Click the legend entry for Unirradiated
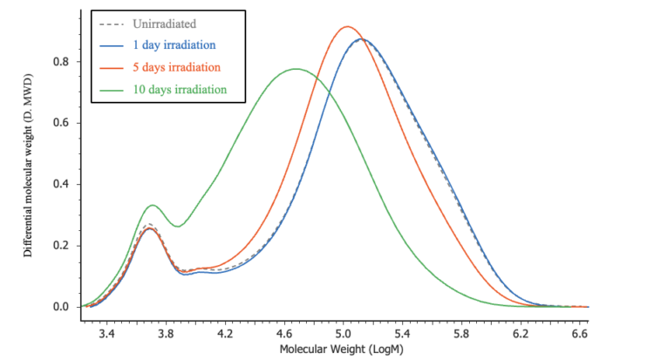point(176,23)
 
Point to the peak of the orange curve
point(347,26)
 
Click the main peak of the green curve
point(296,69)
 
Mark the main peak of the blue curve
point(362,39)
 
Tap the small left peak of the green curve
point(153,205)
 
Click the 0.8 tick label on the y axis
point(59,62)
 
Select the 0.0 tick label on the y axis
point(59,307)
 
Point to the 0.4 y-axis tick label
point(59,185)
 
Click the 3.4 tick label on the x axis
point(107,333)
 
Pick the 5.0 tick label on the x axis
point(343,333)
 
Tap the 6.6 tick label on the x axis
point(578,333)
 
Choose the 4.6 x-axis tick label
point(284,333)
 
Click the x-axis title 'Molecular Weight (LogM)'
point(342,349)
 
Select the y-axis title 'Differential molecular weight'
point(28,166)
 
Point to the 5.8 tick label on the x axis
point(460,333)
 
